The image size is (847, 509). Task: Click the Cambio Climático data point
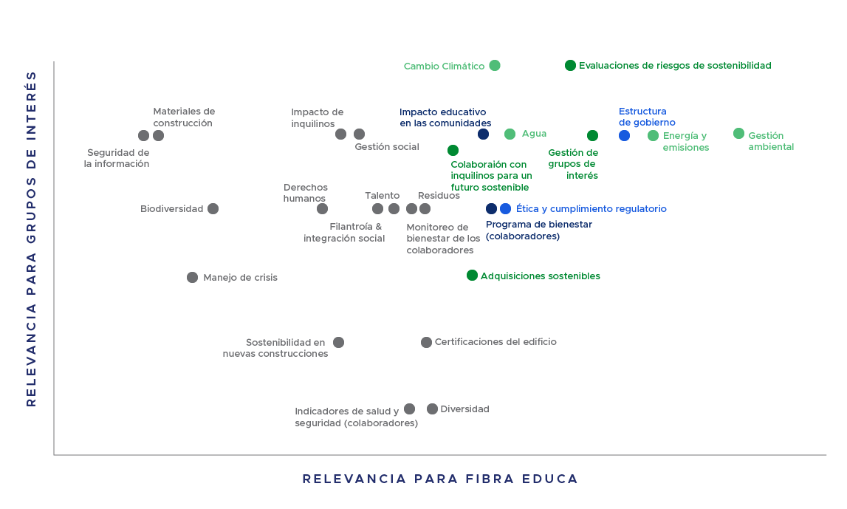(x=494, y=66)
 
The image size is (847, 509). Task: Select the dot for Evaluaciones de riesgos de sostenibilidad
(x=570, y=66)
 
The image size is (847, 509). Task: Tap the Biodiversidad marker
(x=213, y=208)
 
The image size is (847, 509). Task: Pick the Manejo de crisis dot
(x=192, y=277)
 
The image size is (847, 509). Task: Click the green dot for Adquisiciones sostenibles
(x=472, y=276)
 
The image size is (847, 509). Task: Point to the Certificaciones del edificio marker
(x=426, y=342)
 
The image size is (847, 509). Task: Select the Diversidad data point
(x=432, y=409)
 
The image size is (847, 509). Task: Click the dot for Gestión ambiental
(x=738, y=134)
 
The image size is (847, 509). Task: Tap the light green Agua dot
(x=510, y=134)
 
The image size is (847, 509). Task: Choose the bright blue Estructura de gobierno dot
(x=624, y=136)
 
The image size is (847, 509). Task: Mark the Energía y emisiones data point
(x=653, y=136)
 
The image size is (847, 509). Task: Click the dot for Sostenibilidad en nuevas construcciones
(x=339, y=342)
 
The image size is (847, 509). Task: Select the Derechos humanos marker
(x=322, y=208)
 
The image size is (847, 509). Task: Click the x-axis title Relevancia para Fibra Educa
(x=440, y=479)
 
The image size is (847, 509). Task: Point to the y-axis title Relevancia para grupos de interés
(x=31, y=239)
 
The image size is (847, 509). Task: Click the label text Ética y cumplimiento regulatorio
(x=591, y=209)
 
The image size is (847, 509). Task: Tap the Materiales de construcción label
(x=184, y=117)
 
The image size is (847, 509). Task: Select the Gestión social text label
(x=387, y=146)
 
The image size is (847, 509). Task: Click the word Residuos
(x=439, y=196)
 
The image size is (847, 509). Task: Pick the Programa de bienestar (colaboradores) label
(x=538, y=230)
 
